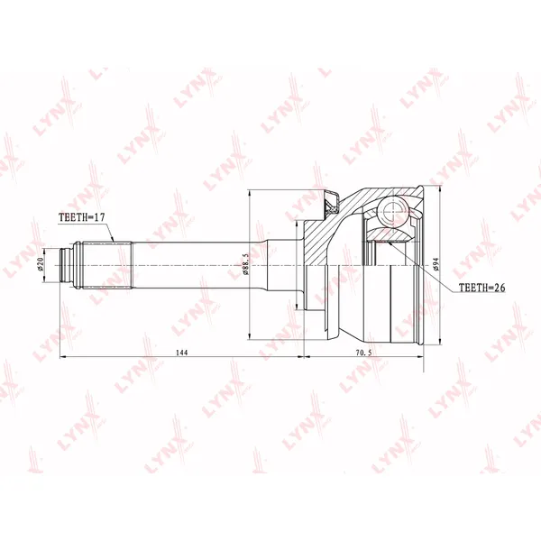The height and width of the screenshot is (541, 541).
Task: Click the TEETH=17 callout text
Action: [81, 217]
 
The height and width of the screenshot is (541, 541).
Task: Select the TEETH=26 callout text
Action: [481, 288]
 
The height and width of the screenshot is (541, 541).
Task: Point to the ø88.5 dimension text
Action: [245, 264]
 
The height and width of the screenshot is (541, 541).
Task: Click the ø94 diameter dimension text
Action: [436, 264]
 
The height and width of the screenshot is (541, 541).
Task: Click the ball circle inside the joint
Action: [392, 209]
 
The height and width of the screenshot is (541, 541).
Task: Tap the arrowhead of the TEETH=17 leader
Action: [113, 240]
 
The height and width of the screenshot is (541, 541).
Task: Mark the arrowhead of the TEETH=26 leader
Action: [390, 243]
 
